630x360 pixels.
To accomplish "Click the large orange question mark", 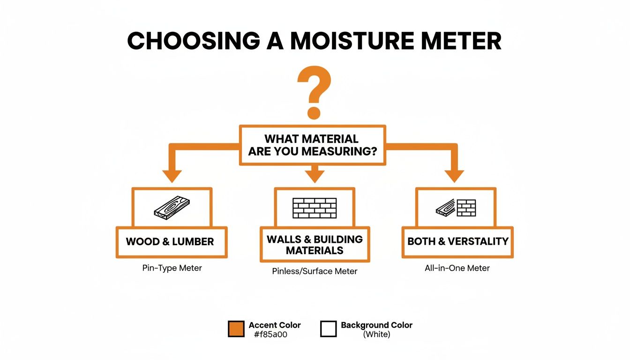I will (314, 92).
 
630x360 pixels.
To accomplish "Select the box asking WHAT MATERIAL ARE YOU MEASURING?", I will (312, 145).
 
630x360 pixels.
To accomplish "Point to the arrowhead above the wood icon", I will (172, 176).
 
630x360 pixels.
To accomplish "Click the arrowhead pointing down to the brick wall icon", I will (315, 176).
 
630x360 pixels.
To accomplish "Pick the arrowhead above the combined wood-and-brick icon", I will (454, 176).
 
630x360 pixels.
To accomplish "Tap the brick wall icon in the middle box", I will (315, 208).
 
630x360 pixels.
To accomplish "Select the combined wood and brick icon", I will (456, 208).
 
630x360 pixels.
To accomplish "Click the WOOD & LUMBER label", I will (170, 242).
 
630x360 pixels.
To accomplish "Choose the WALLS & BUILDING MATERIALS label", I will (315, 245).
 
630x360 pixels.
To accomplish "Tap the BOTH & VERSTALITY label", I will (458, 242).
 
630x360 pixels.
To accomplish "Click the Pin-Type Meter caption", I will (172, 269).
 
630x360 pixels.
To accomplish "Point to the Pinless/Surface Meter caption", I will (315, 271).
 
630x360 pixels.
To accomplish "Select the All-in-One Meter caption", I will (457, 269).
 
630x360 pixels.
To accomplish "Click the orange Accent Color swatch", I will (236, 329).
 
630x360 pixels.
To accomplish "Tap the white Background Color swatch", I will (329, 329).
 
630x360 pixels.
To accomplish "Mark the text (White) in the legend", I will (377, 335).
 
